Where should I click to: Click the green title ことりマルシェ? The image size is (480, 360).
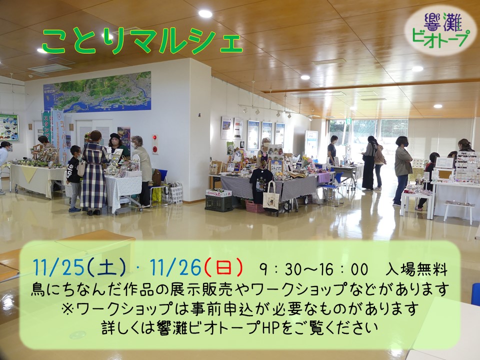tap(142, 41)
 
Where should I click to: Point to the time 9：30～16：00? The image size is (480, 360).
tap(313, 269)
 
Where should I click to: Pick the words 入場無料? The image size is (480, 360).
tap(416, 269)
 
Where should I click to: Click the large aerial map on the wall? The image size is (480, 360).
tap(97, 92)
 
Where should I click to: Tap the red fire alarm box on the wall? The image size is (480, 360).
tap(155, 144)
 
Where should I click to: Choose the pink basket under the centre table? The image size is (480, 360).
tap(254, 206)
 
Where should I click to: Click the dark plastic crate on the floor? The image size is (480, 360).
tap(218, 203)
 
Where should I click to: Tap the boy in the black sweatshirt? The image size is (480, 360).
tap(74, 178)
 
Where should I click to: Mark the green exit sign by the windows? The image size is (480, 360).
tap(348, 121)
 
